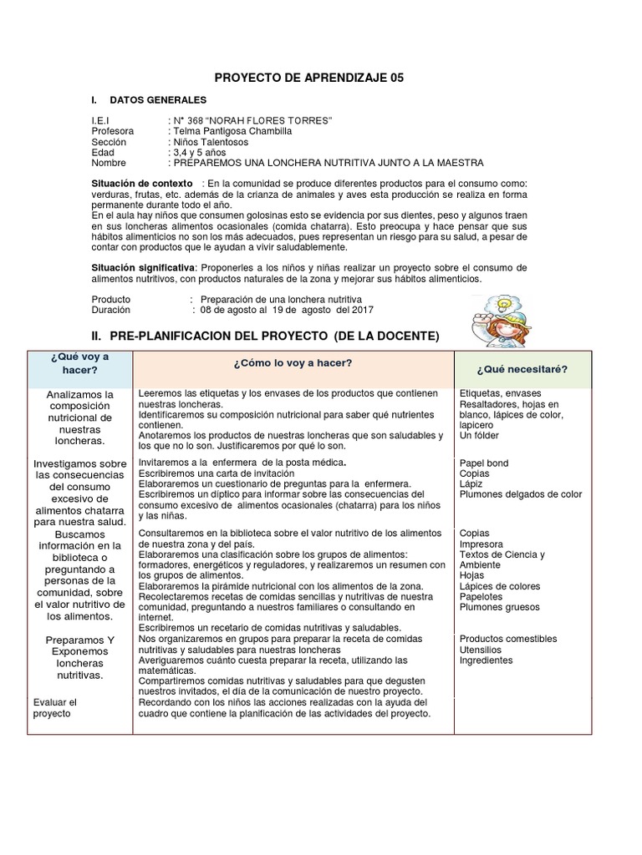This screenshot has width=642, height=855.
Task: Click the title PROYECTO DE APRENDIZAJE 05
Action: click(309, 78)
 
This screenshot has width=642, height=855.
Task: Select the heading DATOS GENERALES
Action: click(158, 100)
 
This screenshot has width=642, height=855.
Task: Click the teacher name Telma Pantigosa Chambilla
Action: click(232, 132)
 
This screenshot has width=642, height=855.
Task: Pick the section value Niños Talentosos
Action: click(210, 142)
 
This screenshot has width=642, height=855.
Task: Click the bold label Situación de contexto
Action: click(142, 184)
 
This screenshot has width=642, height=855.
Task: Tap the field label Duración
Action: click(111, 310)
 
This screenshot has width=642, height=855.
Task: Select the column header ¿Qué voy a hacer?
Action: click(79, 363)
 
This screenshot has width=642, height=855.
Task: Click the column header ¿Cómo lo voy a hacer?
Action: click(293, 362)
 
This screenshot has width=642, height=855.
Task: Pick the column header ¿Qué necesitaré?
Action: click(522, 369)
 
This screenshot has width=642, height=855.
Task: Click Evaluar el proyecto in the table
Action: click(55, 708)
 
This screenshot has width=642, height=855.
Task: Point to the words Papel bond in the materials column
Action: click(484, 463)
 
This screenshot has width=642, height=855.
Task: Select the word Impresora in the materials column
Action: click(481, 544)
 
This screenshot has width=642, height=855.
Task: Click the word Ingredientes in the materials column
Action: click(486, 660)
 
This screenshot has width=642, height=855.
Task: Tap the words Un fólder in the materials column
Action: click(479, 436)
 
